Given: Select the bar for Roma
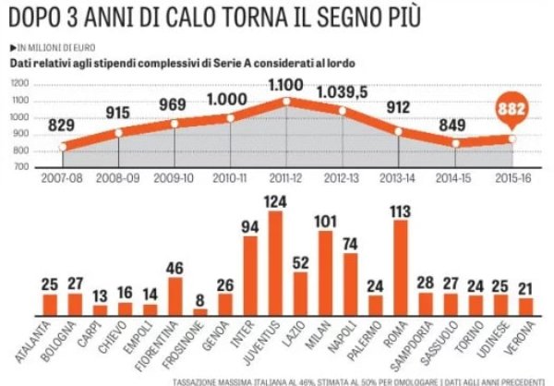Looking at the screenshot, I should tap(401, 274).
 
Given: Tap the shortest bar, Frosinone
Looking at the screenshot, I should tap(200, 312).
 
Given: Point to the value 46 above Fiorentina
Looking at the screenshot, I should tap(175, 269).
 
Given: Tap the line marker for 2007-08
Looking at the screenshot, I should tap(63, 147).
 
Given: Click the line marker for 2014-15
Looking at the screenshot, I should tap(455, 143).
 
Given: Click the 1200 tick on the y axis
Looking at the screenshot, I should tap(19, 84).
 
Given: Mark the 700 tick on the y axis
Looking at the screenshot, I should tap(19, 167).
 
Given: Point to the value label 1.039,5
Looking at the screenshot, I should tap(343, 93).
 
